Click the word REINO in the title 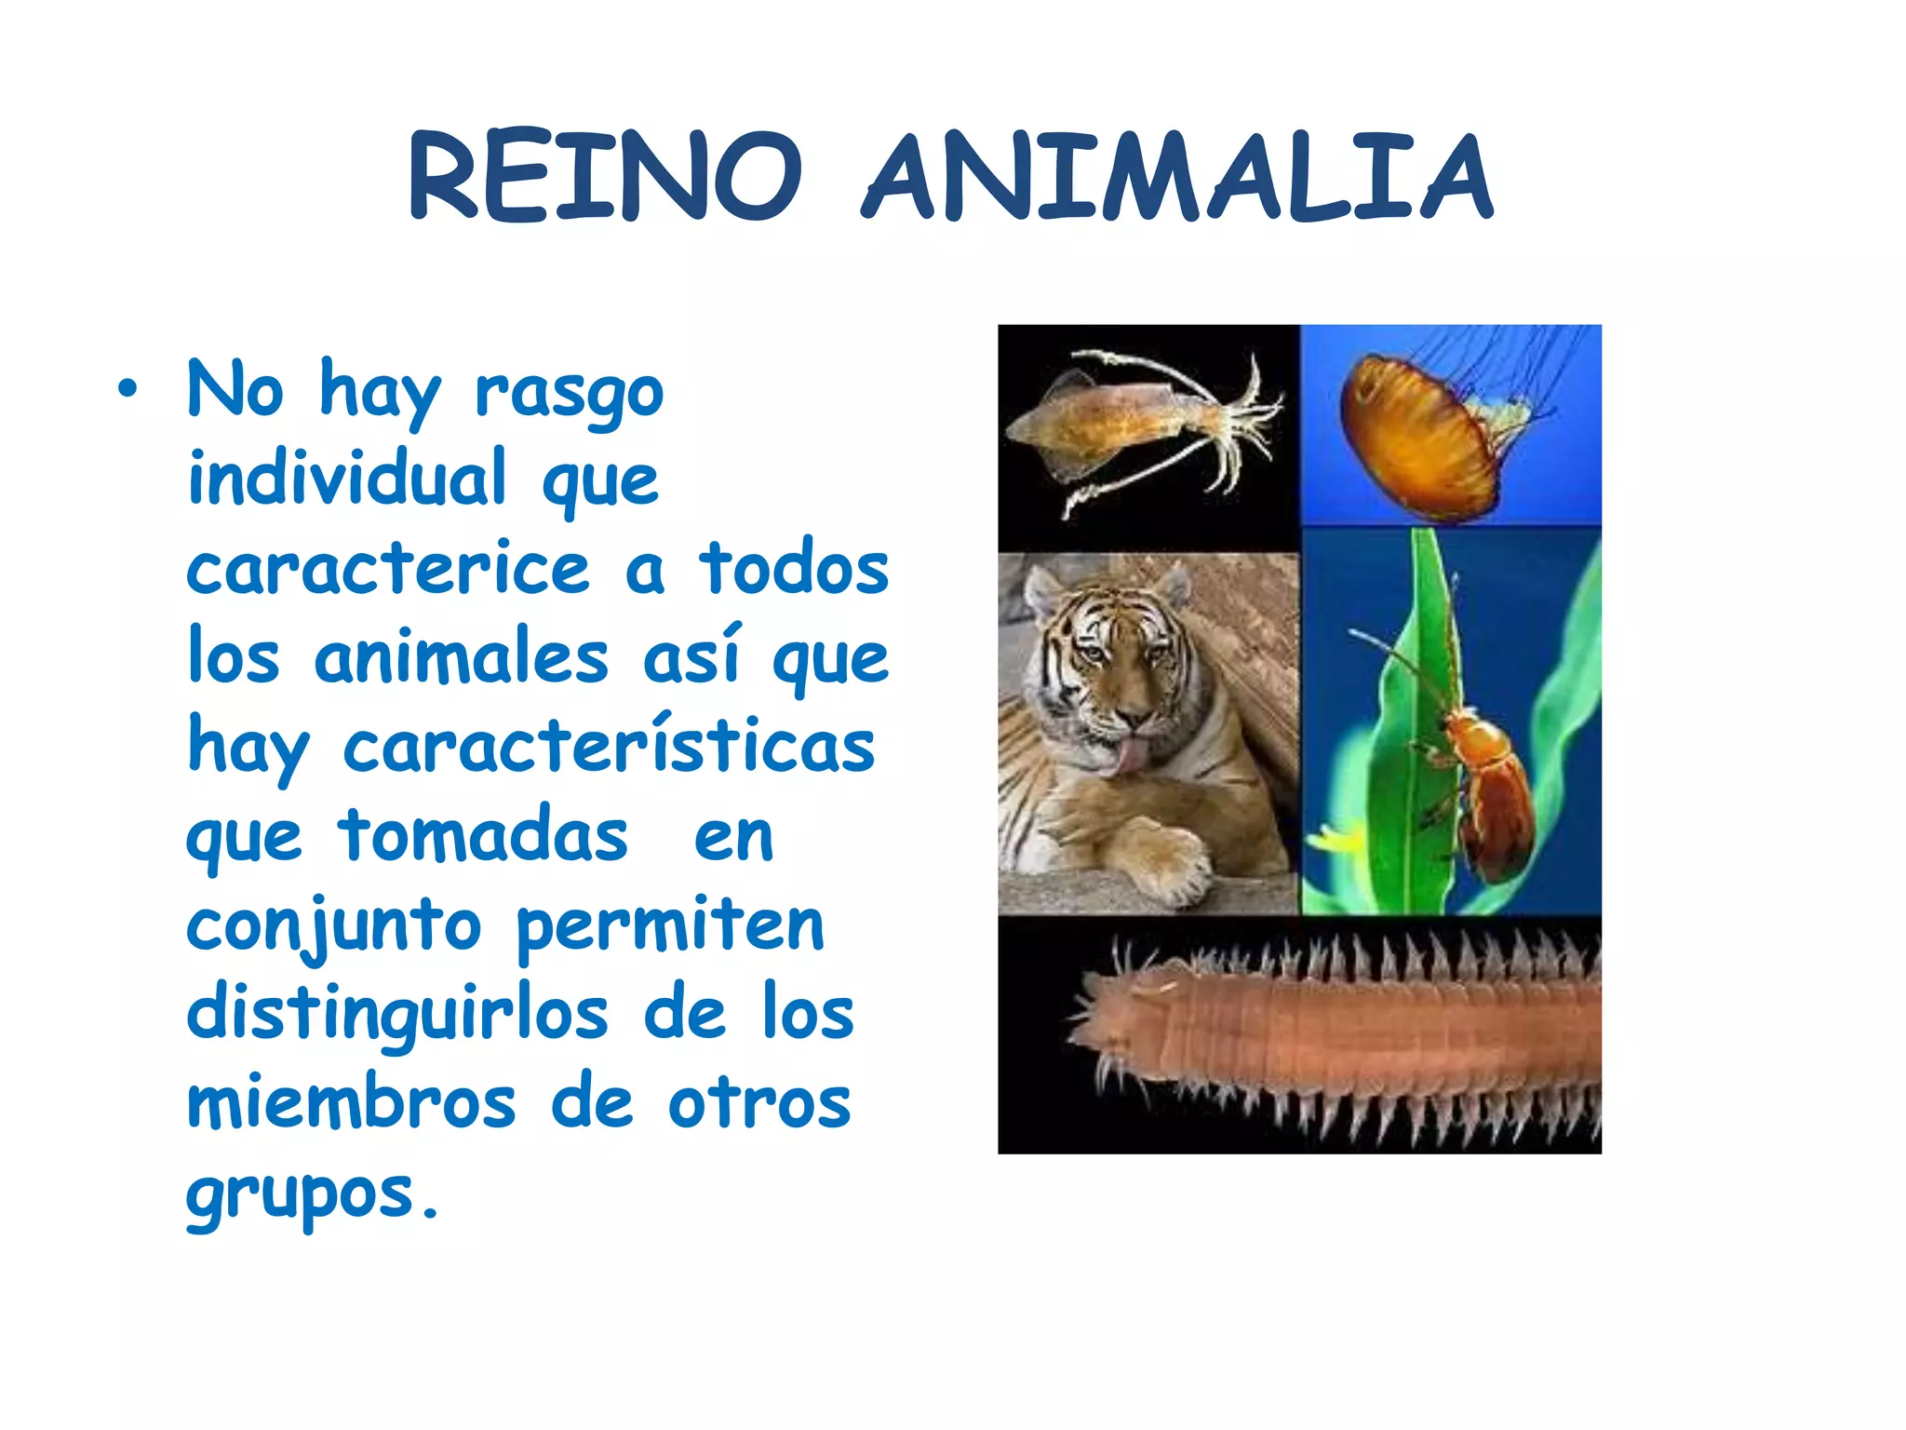pyautogui.click(x=605, y=177)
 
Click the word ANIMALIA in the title pyautogui.click(x=1177, y=177)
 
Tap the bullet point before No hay pyautogui.click(x=128, y=390)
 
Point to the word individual pyautogui.click(x=347, y=478)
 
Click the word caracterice pyautogui.click(x=388, y=568)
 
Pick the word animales pyautogui.click(x=462, y=657)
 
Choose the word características pyautogui.click(x=610, y=746)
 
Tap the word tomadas pyautogui.click(x=483, y=835)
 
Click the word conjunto pyautogui.click(x=334, y=926)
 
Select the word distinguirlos pyautogui.click(x=397, y=1014)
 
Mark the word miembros pyautogui.click(x=351, y=1103)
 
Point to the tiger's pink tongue pyautogui.click(x=1130, y=757)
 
